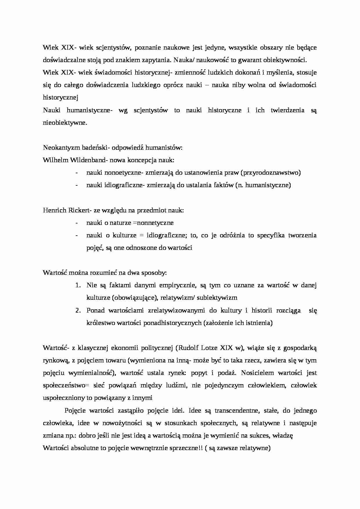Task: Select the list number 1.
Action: click(78, 285)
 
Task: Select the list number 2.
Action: click(78, 311)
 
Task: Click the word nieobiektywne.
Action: click(65, 122)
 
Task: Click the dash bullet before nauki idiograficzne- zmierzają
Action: click(76, 185)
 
